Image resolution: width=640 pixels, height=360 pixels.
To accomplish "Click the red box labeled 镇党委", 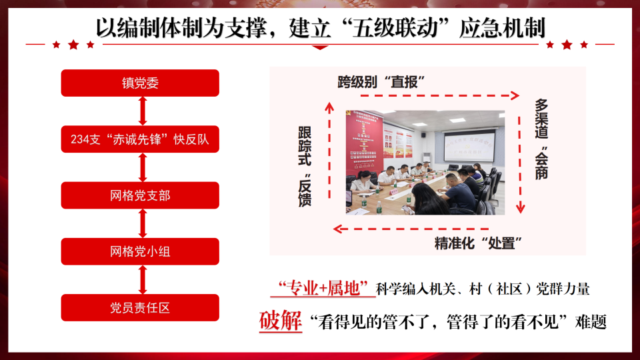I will (x=140, y=83).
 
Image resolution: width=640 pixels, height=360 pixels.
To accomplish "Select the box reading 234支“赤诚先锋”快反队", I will (x=140, y=139).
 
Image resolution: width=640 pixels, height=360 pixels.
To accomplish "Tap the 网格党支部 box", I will (x=140, y=196).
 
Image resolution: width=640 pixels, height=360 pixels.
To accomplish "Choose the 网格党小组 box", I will (x=140, y=252).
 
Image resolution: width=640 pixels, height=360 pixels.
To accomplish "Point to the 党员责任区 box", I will (x=140, y=308).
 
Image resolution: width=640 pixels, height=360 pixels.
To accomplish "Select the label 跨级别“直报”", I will (x=382, y=82).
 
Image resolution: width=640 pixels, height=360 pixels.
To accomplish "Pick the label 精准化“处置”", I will (x=477, y=243).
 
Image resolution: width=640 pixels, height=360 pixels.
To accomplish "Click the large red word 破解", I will (x=280, y=322).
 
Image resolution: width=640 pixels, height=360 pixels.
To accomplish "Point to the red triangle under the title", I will (x=321, y=47).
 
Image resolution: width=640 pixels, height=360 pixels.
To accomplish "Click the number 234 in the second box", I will (x=81, y=140).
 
